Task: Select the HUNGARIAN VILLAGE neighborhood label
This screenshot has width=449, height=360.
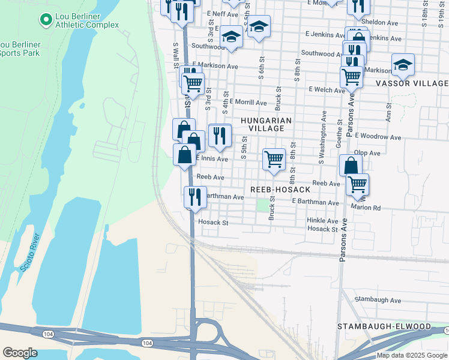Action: [266, 124]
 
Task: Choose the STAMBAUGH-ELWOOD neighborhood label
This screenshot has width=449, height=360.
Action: [384, 326]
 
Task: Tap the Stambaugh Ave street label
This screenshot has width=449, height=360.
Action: [377, 299]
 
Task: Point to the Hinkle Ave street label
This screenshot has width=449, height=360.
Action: [322, 220]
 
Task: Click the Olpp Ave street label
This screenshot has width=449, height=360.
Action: [367, 153]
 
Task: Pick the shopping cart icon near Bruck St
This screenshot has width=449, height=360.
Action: [274, 160]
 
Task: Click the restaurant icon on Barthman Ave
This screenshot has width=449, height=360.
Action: [194, 197]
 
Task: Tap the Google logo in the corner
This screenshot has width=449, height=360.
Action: [20, 353]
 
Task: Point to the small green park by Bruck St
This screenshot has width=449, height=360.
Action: [262, 206]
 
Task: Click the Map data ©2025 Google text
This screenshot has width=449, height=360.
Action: [412, 355]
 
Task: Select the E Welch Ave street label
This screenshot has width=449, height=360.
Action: [327, 90]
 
